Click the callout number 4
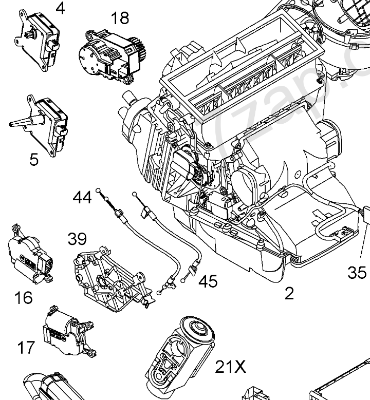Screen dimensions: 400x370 click(61, 8)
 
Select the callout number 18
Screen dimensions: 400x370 click(119, 19)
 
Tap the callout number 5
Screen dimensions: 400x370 click(34, 160)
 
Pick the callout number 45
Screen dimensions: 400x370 click(208, 281)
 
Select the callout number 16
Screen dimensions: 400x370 click(24, 297)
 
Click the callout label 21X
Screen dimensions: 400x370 click(230, 367)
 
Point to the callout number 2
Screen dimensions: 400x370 click(289, 293)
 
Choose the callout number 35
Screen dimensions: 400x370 click(357, 272)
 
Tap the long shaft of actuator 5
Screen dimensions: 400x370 click(23, 123)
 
